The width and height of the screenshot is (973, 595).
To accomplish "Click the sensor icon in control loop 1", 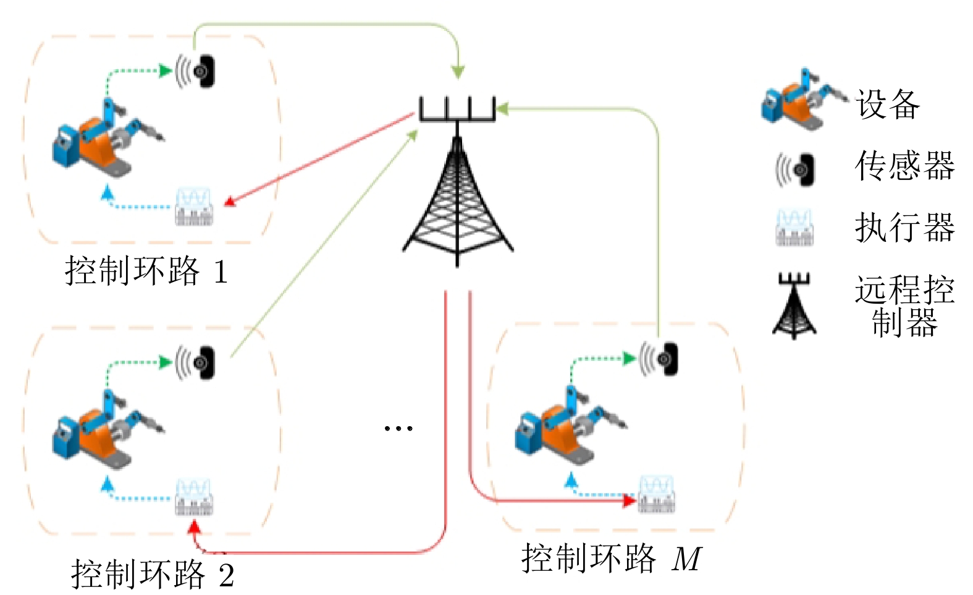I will (196, 71).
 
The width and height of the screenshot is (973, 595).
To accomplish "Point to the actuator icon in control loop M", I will (657, 494).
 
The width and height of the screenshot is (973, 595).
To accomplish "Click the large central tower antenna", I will (457, 186).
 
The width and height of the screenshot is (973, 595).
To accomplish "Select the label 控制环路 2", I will (152, 574).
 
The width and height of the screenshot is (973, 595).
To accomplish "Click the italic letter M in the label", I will (687, 559).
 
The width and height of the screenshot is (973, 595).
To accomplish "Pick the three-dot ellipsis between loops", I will (398, 428).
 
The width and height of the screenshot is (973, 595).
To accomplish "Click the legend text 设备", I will (888, 104).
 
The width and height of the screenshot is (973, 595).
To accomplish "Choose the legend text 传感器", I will (904, 166).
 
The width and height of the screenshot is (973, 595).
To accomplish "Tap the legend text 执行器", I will (904, 228).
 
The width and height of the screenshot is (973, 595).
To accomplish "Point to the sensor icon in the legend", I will (796, 169).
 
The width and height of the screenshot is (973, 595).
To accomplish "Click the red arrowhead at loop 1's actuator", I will (229, 202).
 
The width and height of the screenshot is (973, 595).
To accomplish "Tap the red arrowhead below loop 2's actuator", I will (194, 527).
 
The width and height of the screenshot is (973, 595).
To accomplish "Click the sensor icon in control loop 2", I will (196, 362).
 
